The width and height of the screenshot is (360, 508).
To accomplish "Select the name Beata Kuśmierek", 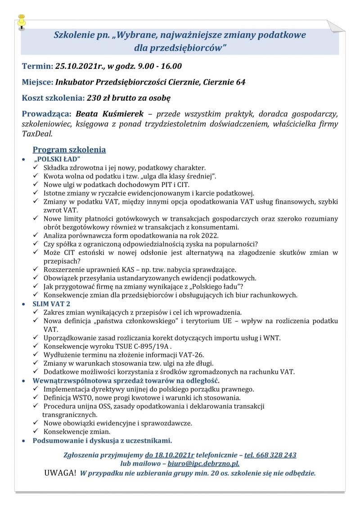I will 109,114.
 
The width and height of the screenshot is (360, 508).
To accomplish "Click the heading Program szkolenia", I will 69,150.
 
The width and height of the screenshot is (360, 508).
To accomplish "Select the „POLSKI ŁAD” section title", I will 57,159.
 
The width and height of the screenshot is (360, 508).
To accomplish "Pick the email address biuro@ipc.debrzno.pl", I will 203,463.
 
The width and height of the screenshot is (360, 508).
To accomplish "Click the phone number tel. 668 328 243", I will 270,455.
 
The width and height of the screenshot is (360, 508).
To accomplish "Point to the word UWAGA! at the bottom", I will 60,473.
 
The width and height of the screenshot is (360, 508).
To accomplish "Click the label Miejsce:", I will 37,82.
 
